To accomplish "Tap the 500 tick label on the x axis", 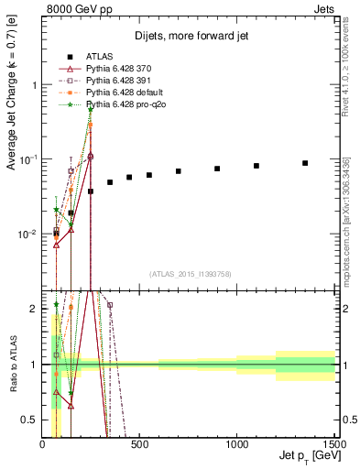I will point(139,444).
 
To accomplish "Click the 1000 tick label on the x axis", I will point(237,444).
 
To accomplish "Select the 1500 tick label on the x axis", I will point(333,444).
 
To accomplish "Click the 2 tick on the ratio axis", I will point(35,309).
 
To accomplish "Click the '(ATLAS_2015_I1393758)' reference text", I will point(189,273).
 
